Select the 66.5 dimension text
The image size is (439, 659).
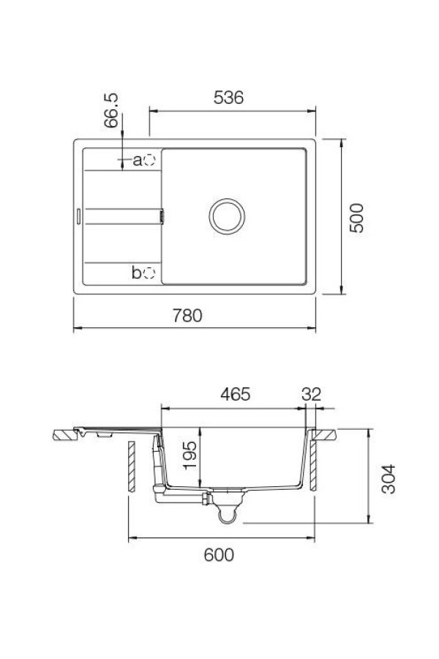pos(112,111)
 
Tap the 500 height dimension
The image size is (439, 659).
pos(356,217)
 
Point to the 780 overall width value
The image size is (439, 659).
pos(187,316)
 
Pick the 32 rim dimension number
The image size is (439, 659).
pos(311,394)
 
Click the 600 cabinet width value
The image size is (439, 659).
pos(219,555)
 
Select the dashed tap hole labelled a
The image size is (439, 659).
pos(149,159)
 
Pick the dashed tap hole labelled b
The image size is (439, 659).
pos(149,272)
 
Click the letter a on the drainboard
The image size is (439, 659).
pos(136,160)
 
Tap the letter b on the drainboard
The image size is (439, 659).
pos(136,273)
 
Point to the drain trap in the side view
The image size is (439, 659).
pos(228,513)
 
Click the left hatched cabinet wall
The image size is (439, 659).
pos(130,466)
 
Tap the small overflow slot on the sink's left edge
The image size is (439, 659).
pos(78,216)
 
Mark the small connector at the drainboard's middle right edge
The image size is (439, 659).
pos(162,216)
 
